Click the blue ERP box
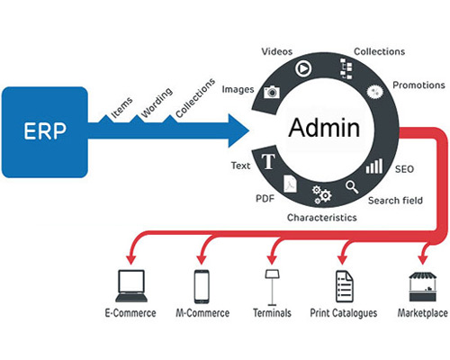(x=45, y=132)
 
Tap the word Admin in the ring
(x=324, y=128)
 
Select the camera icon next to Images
(x=272, y=92)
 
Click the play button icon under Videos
(x=303, y=68)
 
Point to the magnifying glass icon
(x=352, y=186)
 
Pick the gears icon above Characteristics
(x=321, y=194)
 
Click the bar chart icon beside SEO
(x=374, y=166)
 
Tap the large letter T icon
(x=268, y=161)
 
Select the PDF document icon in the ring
(x=290, y=184)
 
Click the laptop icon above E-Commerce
(x=131, y=286)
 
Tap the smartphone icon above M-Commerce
(x=202, y=286)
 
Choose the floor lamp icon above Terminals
(x=272, y=287)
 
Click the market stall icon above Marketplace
(x=422, y=287)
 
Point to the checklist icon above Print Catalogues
(x=344, y=286)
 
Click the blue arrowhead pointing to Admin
(x=238, y=130)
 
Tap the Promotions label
(x=418, y=85)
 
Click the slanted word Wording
(x=157, y=103)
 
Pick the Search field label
(x=395, y=200)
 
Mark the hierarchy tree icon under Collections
(x=346, y=68)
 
